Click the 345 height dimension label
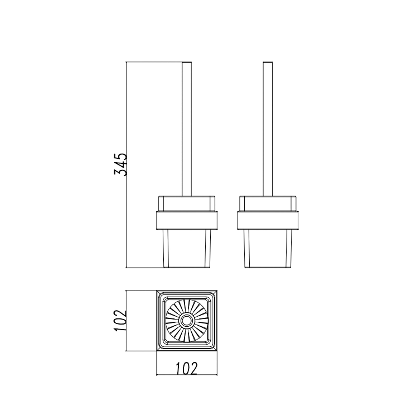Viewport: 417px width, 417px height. pos(120,164)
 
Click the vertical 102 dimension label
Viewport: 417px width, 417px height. pos(120,321)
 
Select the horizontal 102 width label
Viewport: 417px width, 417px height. pos(187,368)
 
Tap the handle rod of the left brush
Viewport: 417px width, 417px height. pos(187,130)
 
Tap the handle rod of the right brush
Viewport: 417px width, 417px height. pos(268,130)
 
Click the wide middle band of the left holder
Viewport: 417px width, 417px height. pos(187,220)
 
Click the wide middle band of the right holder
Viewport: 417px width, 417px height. pos(268,220)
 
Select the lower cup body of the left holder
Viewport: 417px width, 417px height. pos(187,249)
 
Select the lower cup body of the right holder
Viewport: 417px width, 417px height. pos(268,249)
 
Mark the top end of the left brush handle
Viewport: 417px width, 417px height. pos(187,63)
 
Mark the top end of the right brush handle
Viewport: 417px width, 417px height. pos(268,63)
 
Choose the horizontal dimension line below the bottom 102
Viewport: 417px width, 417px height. pos(187,375)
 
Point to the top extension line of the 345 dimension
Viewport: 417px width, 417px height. pos(154,62)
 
